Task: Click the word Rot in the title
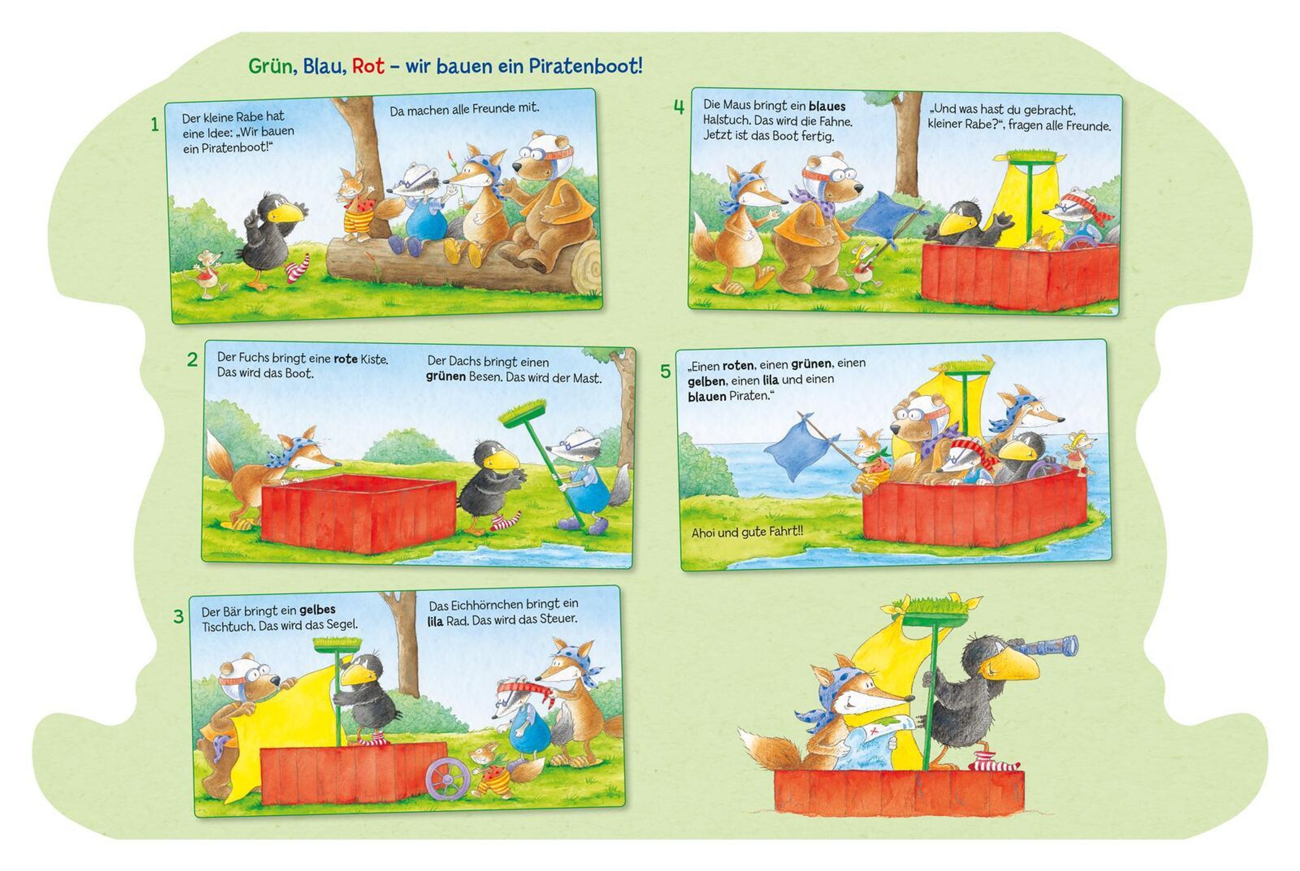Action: point(368,66)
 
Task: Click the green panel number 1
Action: point(155,125)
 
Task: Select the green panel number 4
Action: point(679,107)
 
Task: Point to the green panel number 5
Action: point(665,371)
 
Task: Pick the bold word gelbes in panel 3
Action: point(317,610)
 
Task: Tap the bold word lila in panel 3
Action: point(435,621)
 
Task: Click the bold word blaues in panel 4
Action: point(827,106)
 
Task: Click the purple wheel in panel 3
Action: point(447,779)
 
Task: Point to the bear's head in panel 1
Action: point(539,157)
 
